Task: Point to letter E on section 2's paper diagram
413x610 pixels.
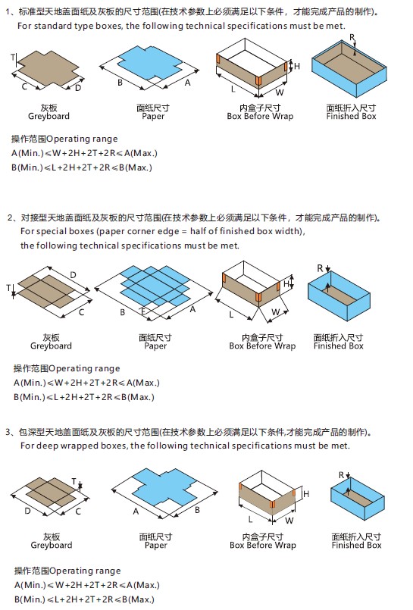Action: pos(142,311)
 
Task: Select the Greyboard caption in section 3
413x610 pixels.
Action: pos(52,546)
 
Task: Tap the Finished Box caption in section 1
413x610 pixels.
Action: pos(351,117)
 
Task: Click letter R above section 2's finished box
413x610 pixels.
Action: pos(320,267)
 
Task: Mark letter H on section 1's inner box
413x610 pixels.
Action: pos(297,67)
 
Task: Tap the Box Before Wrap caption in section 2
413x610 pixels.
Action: pos(262,346)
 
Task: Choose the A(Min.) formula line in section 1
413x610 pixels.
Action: pos(83,153)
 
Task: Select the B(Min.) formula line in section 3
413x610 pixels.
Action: pos(83,599)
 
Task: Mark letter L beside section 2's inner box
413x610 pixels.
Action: pos(231,313)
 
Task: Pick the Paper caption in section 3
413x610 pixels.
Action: pos(155,546)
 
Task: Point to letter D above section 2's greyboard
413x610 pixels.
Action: pos(73,274)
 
